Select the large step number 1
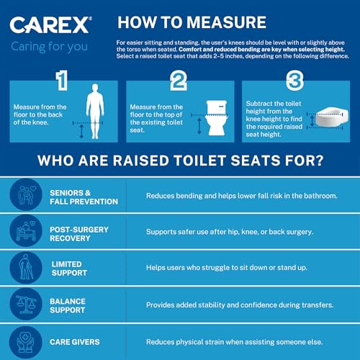coord(63,81)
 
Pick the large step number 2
coord(178,81)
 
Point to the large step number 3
coord(294,81)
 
